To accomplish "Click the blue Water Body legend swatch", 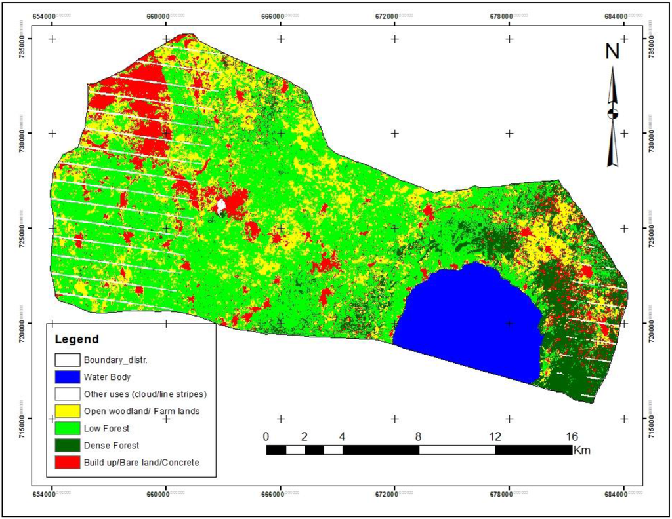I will pyautogui.click(x=68, y=377).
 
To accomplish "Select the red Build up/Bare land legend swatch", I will pyautogui.click(x=68, y=463).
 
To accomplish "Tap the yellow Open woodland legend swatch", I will pyautogui.click(x=68, y=412).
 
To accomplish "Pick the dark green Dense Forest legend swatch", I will pyautogui.click(x=68, y=446).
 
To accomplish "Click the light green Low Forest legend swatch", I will pyautogui.click(x=68, y=429).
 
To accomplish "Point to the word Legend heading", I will pyautogui.click(x=77, y=339).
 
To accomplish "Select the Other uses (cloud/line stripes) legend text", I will pyautogui.click(x=144, y=394).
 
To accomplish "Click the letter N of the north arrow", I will pyautogui.click(x=612, y=52).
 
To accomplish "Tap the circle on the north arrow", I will pyautogui.click(x=613, y=113).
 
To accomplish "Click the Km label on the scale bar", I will pyautogui.click(x=581, y=450).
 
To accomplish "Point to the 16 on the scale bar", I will pyautogui.click(x=571, y=436).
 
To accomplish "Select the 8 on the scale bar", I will pyautogui.click(x=419, y=436).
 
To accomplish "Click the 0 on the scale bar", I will pyautogui.click(x=266, y=436).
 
